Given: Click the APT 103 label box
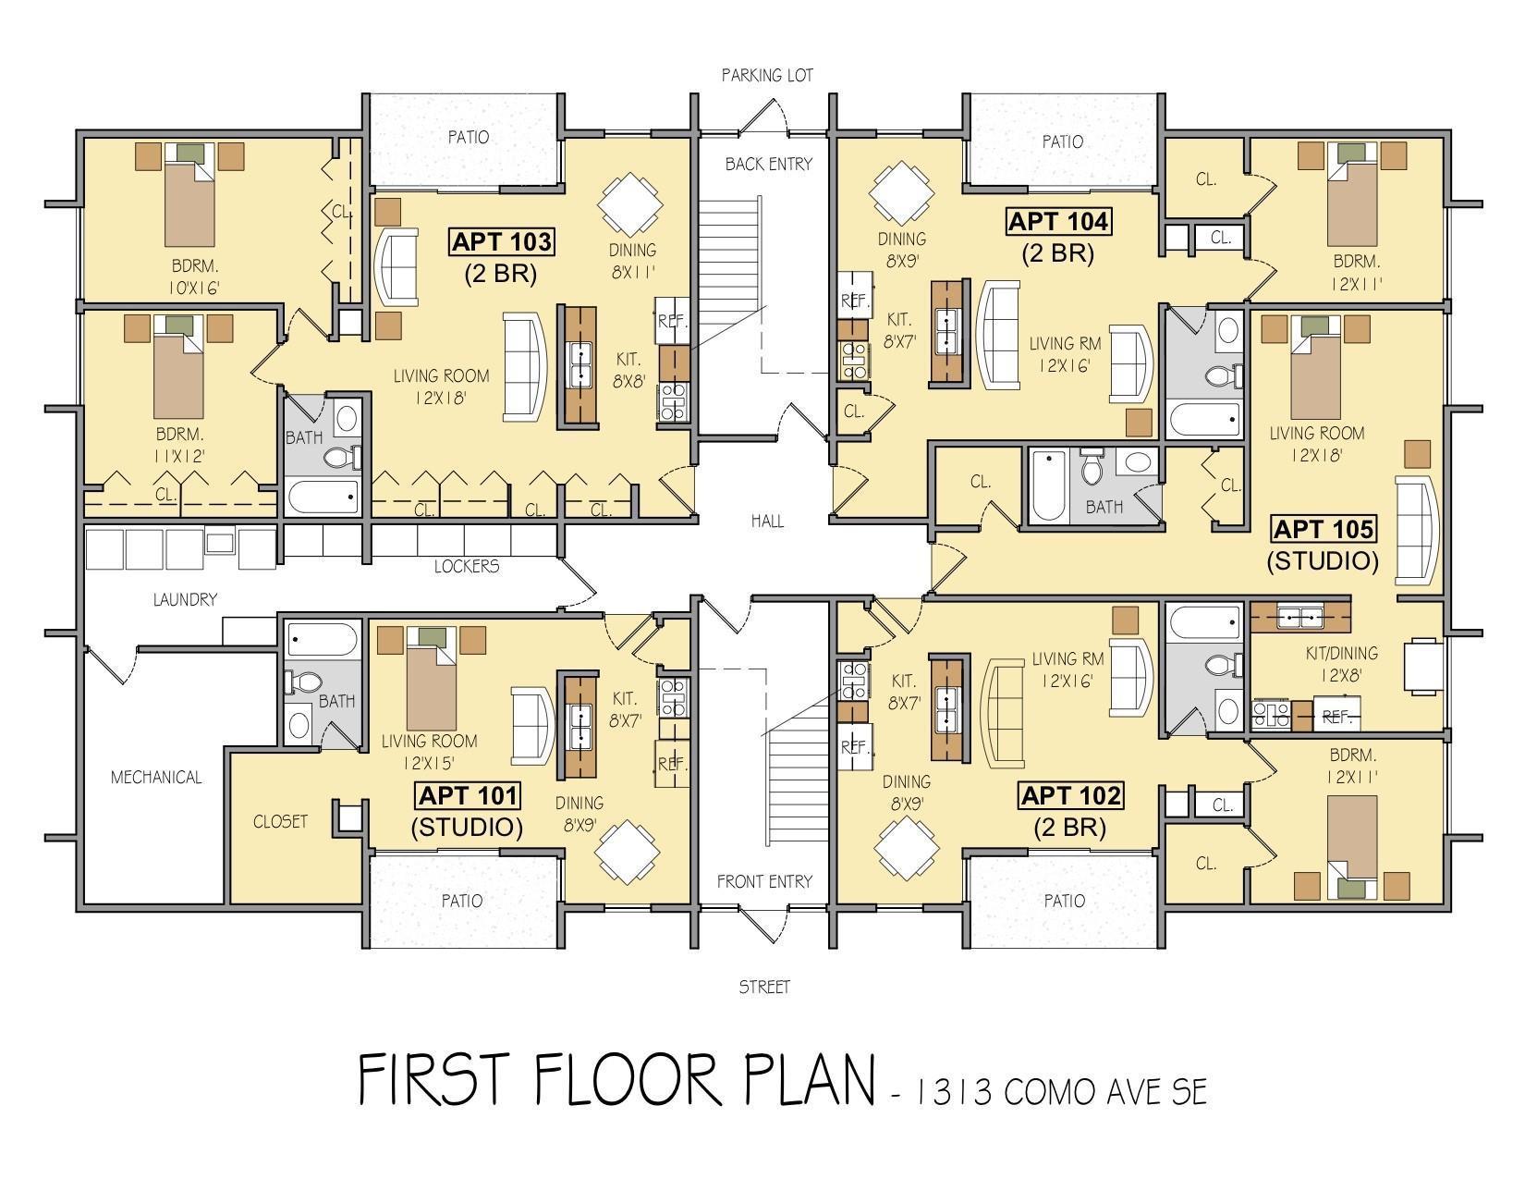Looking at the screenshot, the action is pos(501,241).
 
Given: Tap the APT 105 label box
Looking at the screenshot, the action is pos(1323,529).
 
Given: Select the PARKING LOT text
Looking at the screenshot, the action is pos(767,75).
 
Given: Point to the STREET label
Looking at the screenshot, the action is pos(764,987).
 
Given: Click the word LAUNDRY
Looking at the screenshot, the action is pos(185,599).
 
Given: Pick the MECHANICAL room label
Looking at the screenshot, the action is pos(156,777).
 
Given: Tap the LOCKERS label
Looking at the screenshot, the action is pos(467,566).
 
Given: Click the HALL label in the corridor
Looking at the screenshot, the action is pos(767,521).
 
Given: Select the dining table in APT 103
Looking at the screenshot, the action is pos(630,204).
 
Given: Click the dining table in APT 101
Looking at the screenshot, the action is pos(627,853).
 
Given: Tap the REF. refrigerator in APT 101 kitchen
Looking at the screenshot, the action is pos(672,763).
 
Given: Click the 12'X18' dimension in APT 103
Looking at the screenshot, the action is pos(441,399).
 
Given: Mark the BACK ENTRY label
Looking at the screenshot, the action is pos(768,164).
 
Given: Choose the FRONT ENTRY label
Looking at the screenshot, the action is pos(764,881).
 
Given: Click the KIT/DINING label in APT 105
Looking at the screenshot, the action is pos(1341,653).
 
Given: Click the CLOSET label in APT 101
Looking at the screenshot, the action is pos(280,821).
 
